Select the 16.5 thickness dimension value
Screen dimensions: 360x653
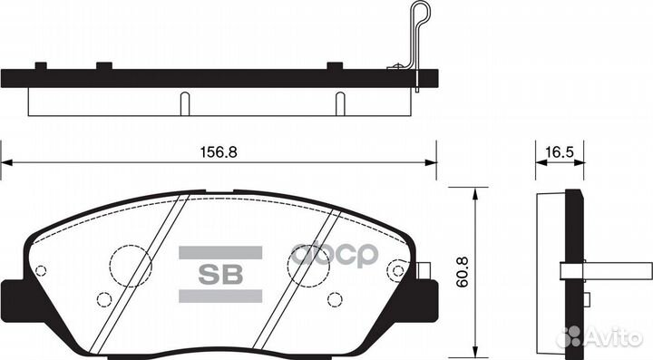point(551,152)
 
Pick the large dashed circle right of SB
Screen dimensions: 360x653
point(308,264)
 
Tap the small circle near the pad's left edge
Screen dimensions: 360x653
point(40,270)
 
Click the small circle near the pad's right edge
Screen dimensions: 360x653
point(395,269)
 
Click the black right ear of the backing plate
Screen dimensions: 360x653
point(426,296)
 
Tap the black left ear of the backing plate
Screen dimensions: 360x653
point(13,296)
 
